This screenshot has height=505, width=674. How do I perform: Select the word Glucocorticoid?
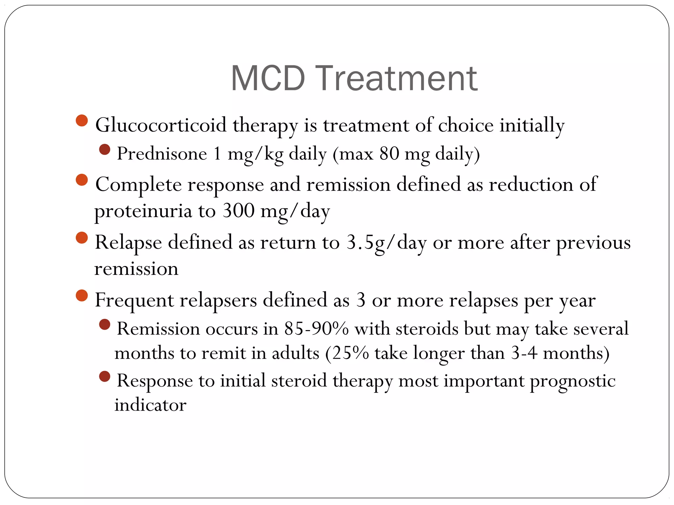click(x=161, y=125)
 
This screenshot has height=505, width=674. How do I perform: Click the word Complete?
click(x=138, y=185)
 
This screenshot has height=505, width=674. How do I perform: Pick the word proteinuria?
click(x=143, y=211)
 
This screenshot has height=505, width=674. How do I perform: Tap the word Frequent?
click(x=134, y=300)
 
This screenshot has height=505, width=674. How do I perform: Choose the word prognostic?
click(x=572, y=381)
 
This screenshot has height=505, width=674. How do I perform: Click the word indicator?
click(x=150, y=405)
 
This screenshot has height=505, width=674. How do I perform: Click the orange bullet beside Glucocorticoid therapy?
click(x=82, y=120)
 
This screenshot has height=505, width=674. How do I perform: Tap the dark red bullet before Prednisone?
click(x=105, y=150)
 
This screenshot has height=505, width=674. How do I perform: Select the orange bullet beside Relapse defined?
click(x=82, y=238)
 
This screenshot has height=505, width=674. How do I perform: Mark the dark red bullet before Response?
click(x=105, y=376)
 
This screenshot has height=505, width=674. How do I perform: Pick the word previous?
click(x=593, y=243)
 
